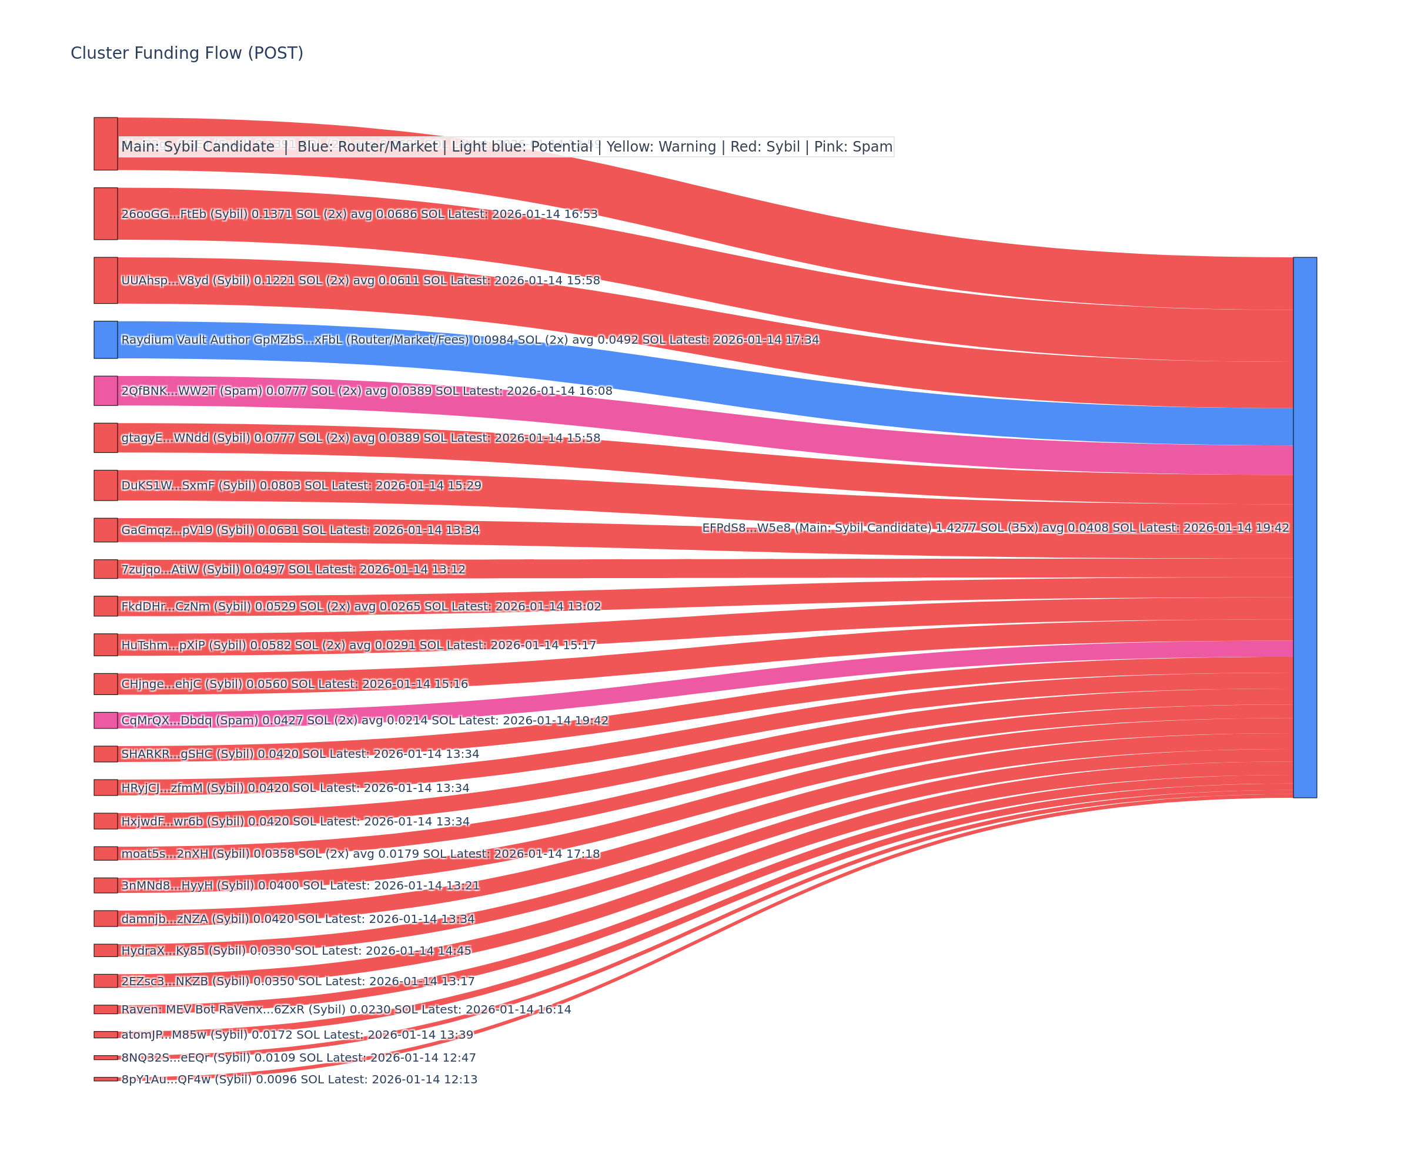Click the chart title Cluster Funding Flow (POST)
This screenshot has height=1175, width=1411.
pos(187,53)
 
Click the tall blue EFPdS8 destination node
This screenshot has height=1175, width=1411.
pos(1304,527)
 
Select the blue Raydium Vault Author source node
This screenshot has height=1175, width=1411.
pos(105,340)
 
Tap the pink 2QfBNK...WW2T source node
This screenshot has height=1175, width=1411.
pos(105,391)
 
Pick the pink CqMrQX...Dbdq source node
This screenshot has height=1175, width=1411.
pos(105,720)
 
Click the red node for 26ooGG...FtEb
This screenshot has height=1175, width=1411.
pos(105,213)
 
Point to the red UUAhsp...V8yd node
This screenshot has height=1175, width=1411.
pos(105,280)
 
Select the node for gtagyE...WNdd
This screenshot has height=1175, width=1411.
pos(105,438)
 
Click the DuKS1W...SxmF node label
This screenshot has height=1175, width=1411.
pos(301,485)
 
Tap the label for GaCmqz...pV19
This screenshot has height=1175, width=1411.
pos(300,531)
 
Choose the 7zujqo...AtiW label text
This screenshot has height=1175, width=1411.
pos(293,569)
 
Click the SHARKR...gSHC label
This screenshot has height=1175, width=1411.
pos(300,754)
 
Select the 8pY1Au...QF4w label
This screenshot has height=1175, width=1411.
pos(299,1080)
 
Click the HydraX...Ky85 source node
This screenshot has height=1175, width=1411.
pos(105,950)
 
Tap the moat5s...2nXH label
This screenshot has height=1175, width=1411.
pos(360,854)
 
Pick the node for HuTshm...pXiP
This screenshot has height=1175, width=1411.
pos(105,644)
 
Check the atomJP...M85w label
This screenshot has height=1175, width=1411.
pos(297,1035)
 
